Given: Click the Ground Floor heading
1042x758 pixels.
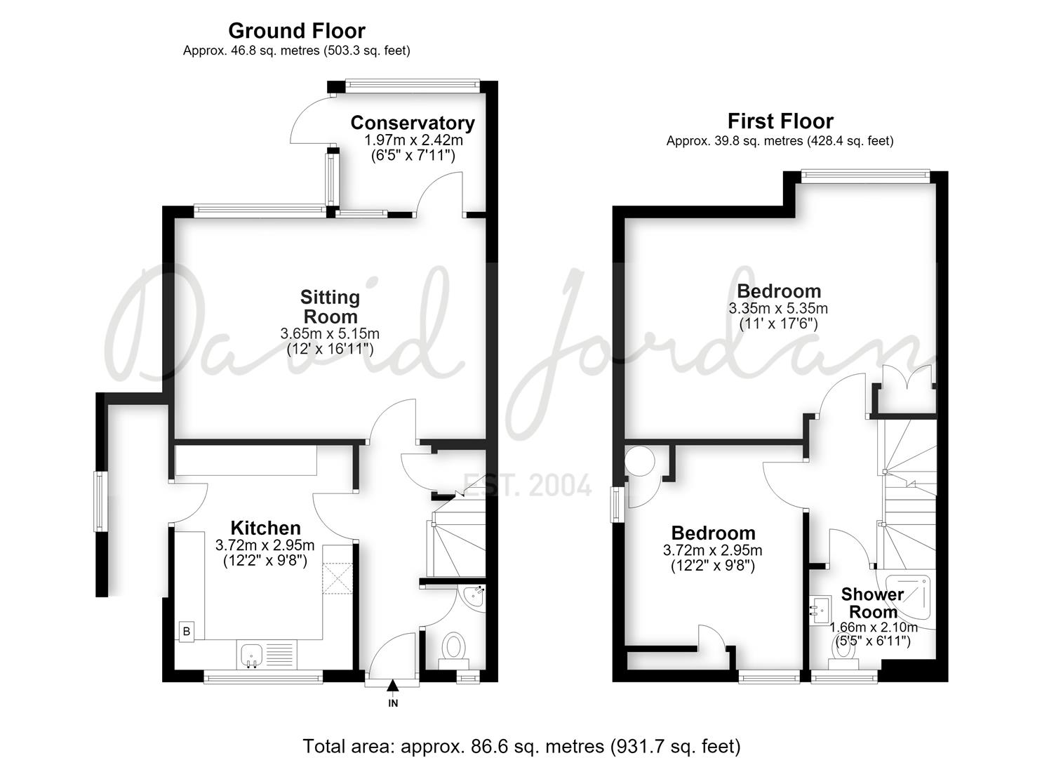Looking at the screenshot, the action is pyautogui.click(x=297, y=31).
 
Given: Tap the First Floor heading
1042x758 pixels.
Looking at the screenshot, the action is pyautogui.click(x=780, y=121).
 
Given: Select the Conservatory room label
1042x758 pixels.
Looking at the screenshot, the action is pyautogui.click(x=413, y=123).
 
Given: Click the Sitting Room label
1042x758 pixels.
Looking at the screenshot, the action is pyautogui.click(x=330, y=307).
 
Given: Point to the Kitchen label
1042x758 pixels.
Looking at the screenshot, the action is pyautogui.click(x=266, y=528).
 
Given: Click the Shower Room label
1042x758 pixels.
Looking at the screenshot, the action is pyautogui.click(x=872, y=603).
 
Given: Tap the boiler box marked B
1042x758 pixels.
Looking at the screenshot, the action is pyautogui.click(x=187, y=632).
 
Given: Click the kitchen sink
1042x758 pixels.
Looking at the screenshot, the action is pyautogui.click(x=252, y=655).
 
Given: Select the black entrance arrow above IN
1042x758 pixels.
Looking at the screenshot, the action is pyautogui.click(x=393, y=686).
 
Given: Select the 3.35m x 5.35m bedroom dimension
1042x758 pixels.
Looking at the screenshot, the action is pyautogui.click(x=778, y=308).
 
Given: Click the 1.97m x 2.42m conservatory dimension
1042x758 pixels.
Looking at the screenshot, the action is pyautogui.click(x=413, y=140).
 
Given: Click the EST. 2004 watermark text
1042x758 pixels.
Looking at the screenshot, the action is pyautogui.click(x=527, y=484).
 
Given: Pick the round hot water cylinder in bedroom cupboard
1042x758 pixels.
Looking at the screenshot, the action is pyautogui.click(x=640, y=460).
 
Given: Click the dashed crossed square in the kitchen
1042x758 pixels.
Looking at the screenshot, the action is pyautogui.click(x=338, y=578).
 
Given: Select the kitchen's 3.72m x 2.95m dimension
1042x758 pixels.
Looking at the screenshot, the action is pyautogui.click(x=265, y=545).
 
